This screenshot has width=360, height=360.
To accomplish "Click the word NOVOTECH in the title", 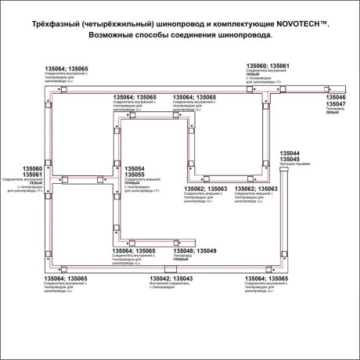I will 307,25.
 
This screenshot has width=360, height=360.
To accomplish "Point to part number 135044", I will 290,153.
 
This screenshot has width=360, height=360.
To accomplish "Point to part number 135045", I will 290,160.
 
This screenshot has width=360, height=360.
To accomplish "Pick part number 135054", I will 135,168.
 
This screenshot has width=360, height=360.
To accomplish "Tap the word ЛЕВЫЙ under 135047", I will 333,113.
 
